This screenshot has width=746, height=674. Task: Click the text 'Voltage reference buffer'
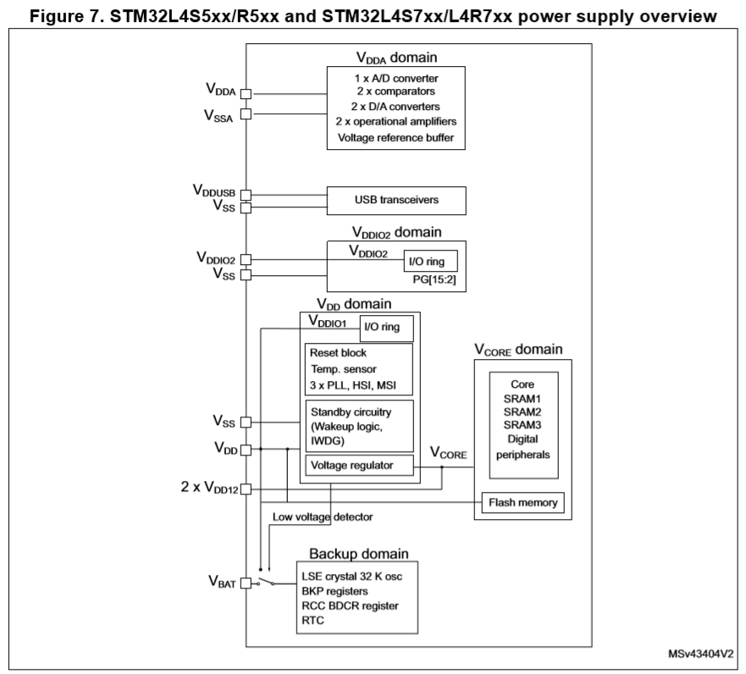[395, 137]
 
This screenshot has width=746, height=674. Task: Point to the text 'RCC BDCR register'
[351, 605]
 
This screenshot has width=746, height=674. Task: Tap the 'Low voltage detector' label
[323, 517]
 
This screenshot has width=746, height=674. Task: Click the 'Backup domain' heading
[359, 554]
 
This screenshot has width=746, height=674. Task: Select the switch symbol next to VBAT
[266, 582]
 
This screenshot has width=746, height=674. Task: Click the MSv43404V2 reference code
[701, 654]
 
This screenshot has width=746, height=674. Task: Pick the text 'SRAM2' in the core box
[522, 412]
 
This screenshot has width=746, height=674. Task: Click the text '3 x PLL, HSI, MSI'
[353, 385]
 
